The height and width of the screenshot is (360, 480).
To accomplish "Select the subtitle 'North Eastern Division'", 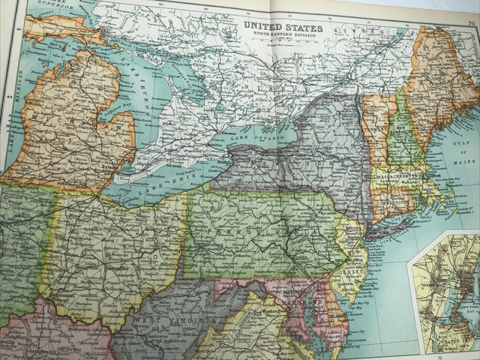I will click(283, 35).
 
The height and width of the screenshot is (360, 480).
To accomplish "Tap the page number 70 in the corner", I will click(470, 23).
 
